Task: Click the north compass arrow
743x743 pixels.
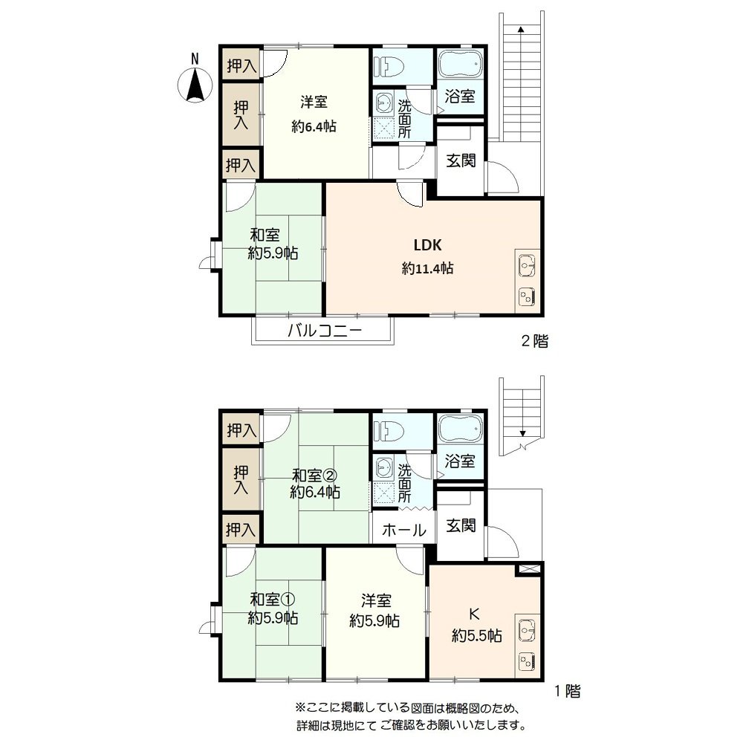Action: tap(195, 82)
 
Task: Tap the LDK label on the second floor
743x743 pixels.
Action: tap(428, 245)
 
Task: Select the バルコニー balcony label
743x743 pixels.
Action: tap(325, 331)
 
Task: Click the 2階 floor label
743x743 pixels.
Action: tap(533, 342)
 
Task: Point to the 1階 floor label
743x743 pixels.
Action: tap(567, 691)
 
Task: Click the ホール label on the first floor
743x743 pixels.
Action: tap(403, 531)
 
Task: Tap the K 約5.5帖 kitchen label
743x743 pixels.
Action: tap(476, 625)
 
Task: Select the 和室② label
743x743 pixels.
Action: tap(315, 475)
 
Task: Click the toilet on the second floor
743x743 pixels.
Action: tap(391, 65)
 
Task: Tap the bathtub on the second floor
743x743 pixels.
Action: tap(460, 65)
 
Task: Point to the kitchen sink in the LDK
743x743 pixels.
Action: tap(527, 264)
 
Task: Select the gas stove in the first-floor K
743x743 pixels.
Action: tap(527, 659)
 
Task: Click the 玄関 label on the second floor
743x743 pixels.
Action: tap(461, 160)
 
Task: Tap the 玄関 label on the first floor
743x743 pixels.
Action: tap(461, 525)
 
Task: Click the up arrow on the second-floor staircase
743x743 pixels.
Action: tap(521, 30)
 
